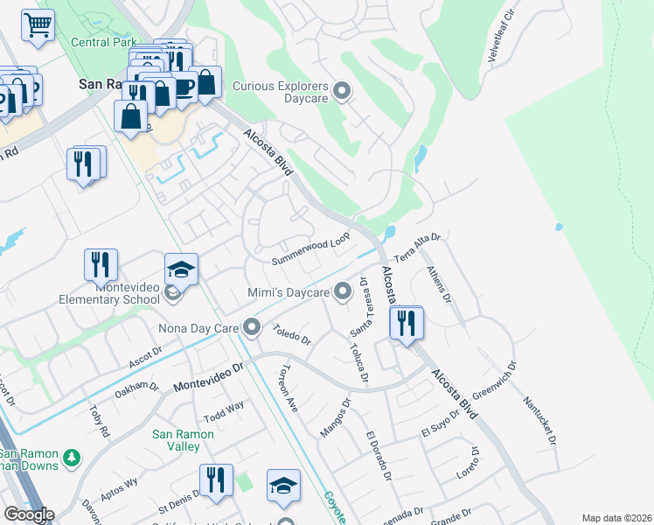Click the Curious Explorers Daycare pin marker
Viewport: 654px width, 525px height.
pos(342,90)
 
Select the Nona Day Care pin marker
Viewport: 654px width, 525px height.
pos(253,329)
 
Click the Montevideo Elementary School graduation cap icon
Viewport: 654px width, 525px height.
pos(182,269)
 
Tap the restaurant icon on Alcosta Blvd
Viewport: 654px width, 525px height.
pos(407,324)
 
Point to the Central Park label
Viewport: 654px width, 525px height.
pos(103,42)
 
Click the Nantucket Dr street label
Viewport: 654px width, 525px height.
pos(539,421)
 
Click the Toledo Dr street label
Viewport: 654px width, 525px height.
pos(292,335)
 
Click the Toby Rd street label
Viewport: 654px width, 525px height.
pos(98,420)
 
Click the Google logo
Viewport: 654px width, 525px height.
pos(29,514)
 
